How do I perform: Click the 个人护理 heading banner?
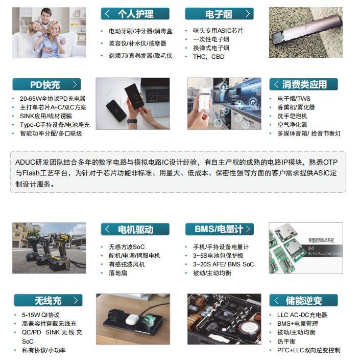(x=135, y=14)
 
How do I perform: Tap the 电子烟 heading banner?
(x=219, y=14)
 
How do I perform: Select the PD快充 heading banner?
(x=46, y=84)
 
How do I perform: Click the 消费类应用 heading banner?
(x=304, y=84)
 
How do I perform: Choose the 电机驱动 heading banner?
(x=135, y=229)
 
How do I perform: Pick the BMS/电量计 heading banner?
(x=219, y=229)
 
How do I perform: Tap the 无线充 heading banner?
(x=49, y=300)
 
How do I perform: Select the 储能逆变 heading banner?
(x=304, y=300)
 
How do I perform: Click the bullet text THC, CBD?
(x=209, y=57)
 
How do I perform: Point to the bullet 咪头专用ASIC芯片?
(x=218, y=31)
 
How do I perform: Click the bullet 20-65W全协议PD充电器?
(x=53, y=99)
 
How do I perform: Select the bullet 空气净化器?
(x=292, y=125)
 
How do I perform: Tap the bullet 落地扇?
(x=118, y=273)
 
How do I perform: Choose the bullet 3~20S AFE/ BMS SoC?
(x=224, y=264)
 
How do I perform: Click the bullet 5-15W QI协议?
(x=41, y=314)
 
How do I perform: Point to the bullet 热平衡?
(x=286, y=341)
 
